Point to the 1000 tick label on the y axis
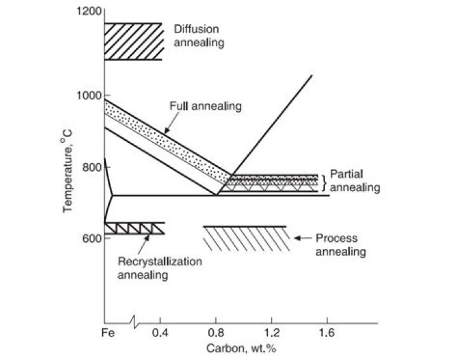(x=88, y=95)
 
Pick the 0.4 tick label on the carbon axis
(x=161, y=332)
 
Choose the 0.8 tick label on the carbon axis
(x=216, y=332)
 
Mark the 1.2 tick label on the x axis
(x=271, y=332)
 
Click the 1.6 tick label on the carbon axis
(x=326, y=332)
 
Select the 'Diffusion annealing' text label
(x=199, y=36)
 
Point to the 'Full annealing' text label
(x=205, y=106)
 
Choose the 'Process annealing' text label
(x=341, y=245)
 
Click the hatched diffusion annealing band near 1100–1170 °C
(x=133, y=41)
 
